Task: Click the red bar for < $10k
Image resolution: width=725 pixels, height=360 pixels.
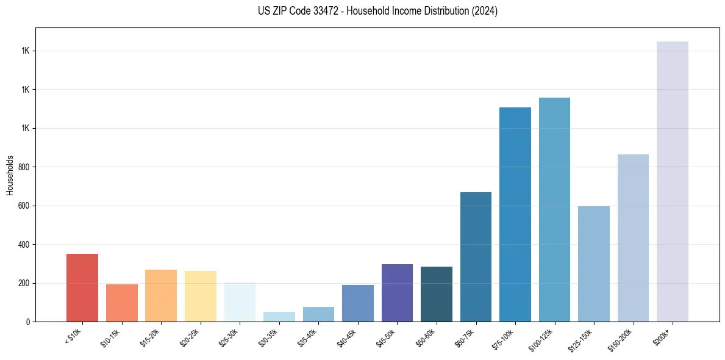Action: click(82, 287)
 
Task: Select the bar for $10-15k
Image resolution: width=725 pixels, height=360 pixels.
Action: click(121, 303)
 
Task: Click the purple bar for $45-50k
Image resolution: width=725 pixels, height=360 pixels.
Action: click(397, 293)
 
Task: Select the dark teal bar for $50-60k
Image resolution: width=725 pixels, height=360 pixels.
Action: click(437, 294)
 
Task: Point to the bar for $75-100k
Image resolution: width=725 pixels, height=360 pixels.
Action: click(515, 214)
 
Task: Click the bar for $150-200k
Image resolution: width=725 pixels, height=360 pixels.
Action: click(633, 238)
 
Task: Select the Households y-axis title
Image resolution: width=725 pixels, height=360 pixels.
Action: click(10, 175)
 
